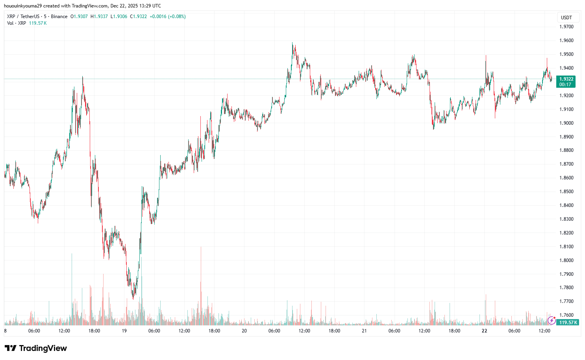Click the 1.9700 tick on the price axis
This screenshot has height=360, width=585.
pyautogui.click(x=566, y=27)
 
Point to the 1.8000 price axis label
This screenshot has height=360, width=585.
pyautogui.click(x=566, y=260)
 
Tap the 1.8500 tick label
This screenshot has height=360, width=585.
pyautogui.click(x=566, y=192)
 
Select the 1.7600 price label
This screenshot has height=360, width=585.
pyautogui.click(x=566, y=315)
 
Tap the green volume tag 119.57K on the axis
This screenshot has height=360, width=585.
pyautogui.click(x=568, y=323)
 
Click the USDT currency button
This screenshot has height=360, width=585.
pyautogui.click(x=566, y=18)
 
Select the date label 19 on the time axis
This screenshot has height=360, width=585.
pyautogui.click(x=124, y=331)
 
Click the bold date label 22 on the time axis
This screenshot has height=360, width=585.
pyautogui.click(x=484, y=331)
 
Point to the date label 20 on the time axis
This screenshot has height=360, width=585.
pyautogui.click(x=244, y=331)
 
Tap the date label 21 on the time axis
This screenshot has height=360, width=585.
pyautogui.click(x=364, y=331)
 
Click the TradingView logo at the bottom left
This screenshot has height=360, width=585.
pyautogui.click(x=36, y=348)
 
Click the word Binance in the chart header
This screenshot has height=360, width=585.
pyautogui.click(x=59, y=17)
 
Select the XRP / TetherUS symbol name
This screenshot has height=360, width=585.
pyautogui.click(x=23, y=17)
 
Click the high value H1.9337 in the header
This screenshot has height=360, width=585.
pyautogui.click(x=99, y=17)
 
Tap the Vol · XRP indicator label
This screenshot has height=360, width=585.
pyautogui.click(x=17, y=23)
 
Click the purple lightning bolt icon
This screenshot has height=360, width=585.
pyautogui.click(x=552, y=321)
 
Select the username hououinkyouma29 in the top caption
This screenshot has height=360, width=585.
pyautogui.click(x=22, y=6)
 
